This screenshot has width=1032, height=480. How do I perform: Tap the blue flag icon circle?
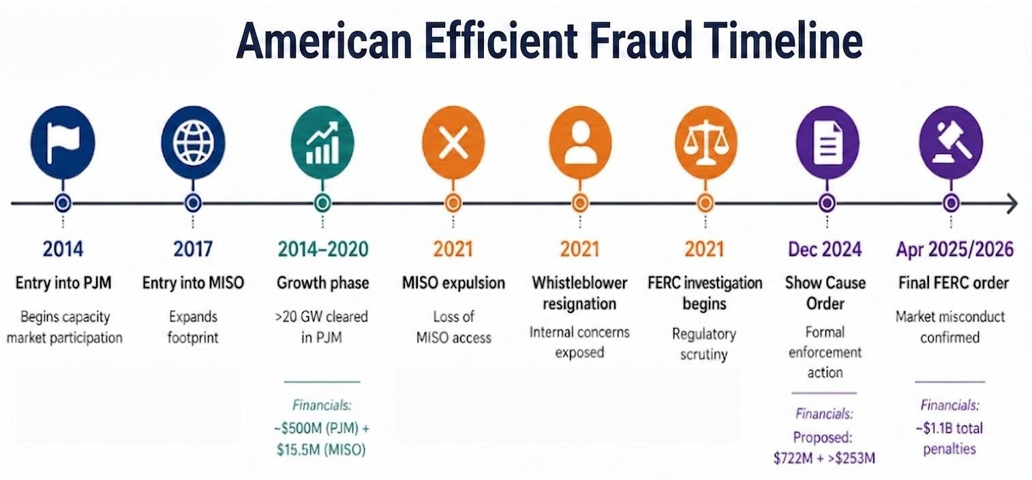pos(63,142)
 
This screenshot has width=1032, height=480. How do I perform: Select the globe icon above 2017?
pos(194,142)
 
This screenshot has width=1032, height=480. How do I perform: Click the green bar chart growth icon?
pos(323,142)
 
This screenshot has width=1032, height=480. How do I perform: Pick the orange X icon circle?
pos(453,142)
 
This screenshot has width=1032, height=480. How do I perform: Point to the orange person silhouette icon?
pos(580,142)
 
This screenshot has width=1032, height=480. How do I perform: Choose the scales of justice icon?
pos(706,142)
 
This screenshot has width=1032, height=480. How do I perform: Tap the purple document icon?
pos(828,142)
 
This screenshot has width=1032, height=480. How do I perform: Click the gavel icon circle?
pos(952,142)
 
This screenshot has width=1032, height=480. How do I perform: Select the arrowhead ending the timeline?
pos(1012,202)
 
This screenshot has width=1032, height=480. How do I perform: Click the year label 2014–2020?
pos(323,249)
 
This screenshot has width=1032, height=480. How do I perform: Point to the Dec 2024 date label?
pos(825,249)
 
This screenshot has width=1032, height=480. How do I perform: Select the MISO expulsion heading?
pos(453,282)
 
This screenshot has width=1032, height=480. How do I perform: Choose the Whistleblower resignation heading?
pos(579,292)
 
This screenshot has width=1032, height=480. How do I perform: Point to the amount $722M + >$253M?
pos(824,458)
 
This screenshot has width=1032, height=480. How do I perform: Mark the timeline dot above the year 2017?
pos(194,202)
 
